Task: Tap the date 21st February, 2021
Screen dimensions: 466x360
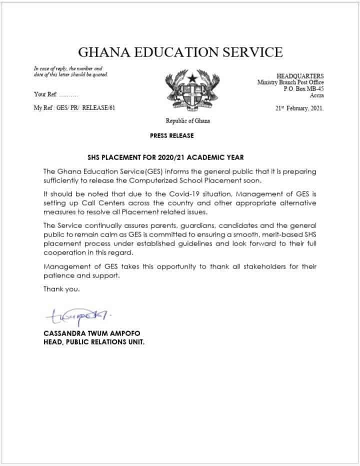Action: [x=299, y=107]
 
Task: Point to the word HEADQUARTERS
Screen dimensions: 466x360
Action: [x=300, y=75]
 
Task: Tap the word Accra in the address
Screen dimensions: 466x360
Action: [x=315, y=95]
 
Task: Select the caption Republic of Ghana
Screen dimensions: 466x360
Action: [x=187, y=121]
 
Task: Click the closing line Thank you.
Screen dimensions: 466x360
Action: [x=61, y=289]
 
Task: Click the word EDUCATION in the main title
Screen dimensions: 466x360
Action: [x=169, y=51]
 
